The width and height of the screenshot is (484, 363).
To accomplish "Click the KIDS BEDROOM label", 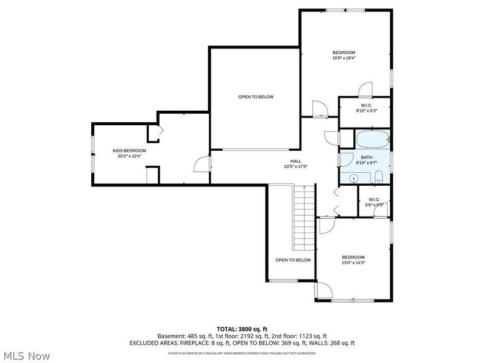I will point(129,151).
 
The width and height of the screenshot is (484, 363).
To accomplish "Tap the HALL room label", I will point(292,161).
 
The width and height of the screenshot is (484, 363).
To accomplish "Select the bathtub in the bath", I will point(372,140).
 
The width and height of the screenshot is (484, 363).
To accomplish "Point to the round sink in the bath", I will point(353,178).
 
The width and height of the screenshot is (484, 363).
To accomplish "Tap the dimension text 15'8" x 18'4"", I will point(344,58).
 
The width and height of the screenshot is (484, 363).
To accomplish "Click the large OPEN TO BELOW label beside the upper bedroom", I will point(255,97).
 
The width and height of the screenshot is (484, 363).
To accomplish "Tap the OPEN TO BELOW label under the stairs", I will point(293,260).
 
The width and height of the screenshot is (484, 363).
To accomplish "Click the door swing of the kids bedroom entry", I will point(201,164).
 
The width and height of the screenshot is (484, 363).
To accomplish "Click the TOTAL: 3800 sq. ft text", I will point(242,329).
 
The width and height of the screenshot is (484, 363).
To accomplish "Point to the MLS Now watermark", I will point(26,356).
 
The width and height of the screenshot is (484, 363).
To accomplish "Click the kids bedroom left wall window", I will point(92,154).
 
